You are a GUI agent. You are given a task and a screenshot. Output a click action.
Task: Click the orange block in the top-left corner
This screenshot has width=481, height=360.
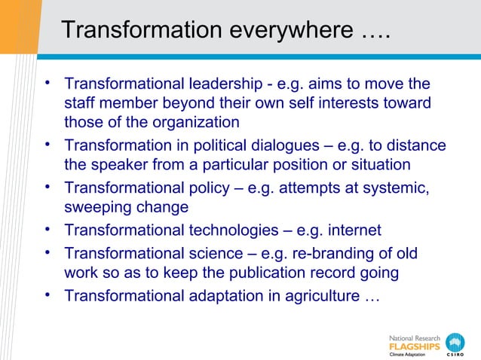tap(18, 26)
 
